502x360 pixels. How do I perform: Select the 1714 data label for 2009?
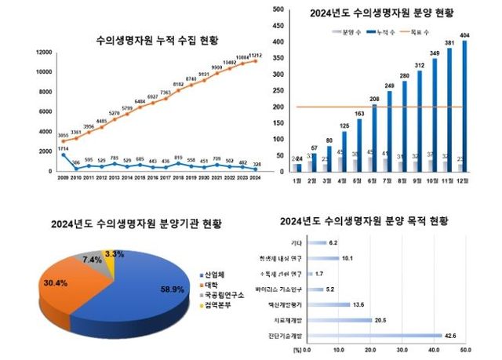(x=64, y=147)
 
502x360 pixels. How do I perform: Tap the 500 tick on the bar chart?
(x=278, y=9)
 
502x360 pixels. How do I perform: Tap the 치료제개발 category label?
(x=282, y=320)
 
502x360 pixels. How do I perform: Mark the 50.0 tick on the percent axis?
(x=465, y=349)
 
